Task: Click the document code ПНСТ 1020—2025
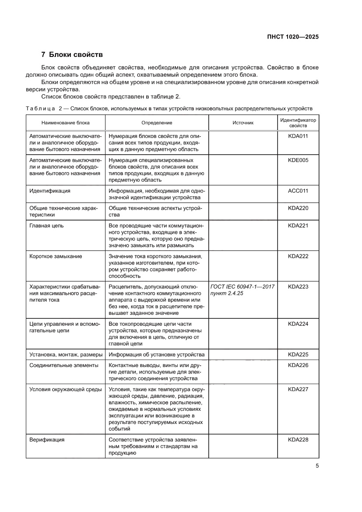[292, 37]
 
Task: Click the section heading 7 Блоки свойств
[72, 55]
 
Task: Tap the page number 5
[317, 466]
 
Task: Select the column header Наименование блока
[65, 123]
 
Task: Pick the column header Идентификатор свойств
[298, 123]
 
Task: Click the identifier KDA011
[298, 136]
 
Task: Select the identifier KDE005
[298, 160]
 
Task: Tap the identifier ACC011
[298, 191]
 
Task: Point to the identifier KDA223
[298, 286]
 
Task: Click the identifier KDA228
[298, 440]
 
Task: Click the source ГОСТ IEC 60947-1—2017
[242, 286]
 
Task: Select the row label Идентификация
[50, 191]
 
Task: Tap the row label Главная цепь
[46, 226]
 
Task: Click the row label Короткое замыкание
[56, 256]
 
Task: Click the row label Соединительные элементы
[64, 365]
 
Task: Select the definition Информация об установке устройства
[156, 354]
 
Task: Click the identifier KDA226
[298, 365]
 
